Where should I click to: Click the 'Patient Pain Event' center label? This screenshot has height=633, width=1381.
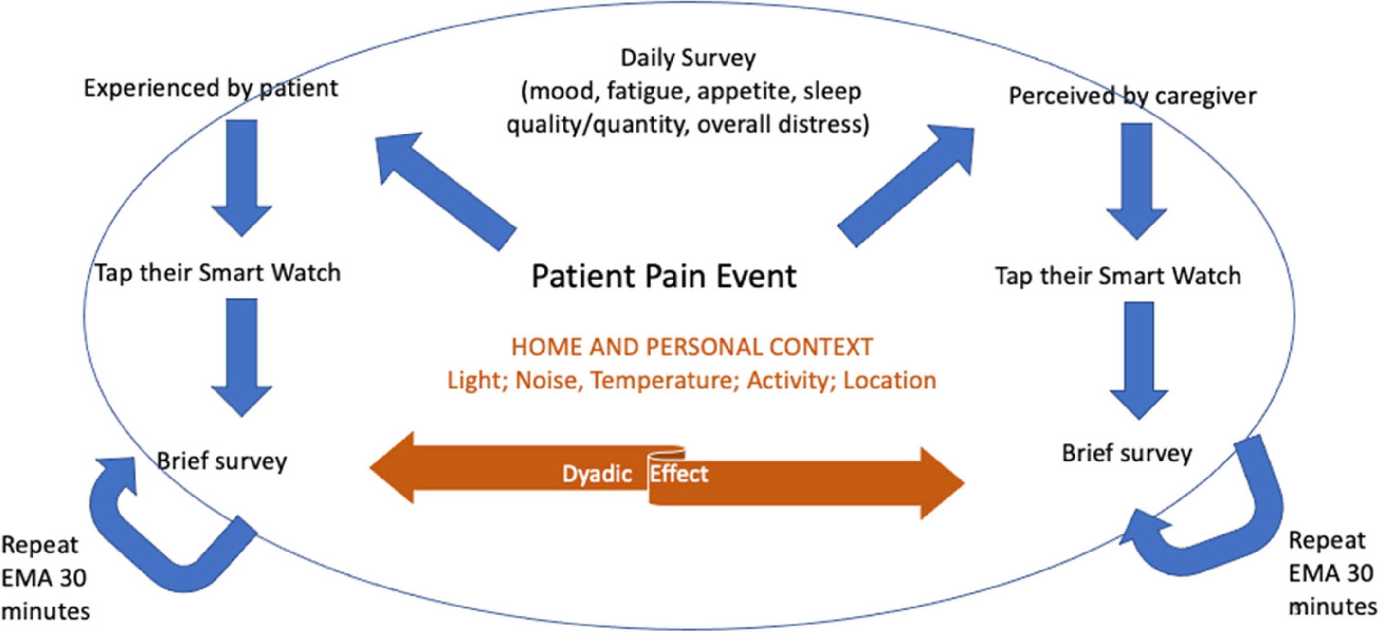pos(664,276)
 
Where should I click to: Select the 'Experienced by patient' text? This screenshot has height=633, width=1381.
pos(211,88)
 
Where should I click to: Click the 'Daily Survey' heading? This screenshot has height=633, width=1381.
pos(688,58)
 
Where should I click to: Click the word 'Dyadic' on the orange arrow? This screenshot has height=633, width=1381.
pos(597,474)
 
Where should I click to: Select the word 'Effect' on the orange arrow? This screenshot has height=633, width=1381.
pos(679,474)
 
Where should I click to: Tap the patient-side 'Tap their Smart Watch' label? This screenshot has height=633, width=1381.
pos(218,273)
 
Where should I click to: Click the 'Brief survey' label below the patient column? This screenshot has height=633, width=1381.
pos(222,461)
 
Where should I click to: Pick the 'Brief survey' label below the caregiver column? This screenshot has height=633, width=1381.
pos(1127,453)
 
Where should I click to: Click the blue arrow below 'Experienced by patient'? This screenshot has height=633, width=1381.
pos(241,177)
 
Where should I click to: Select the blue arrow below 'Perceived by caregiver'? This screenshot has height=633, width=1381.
pos(1137,181)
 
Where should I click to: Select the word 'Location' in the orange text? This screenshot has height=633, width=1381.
pos(889,380)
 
